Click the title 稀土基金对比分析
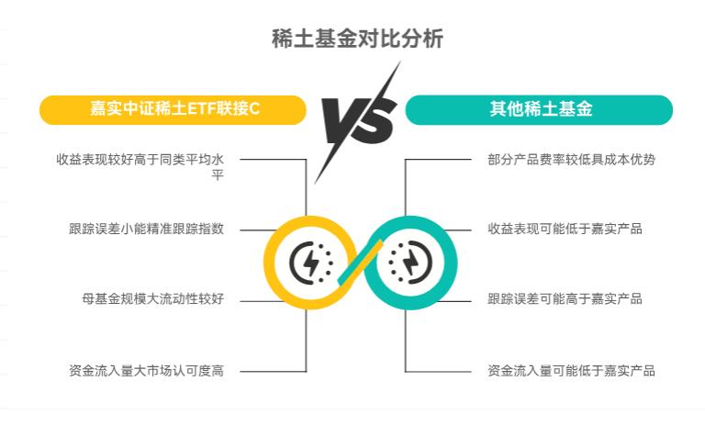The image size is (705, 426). tap(357, 39)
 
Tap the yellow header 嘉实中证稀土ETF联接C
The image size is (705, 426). tap(173, 110)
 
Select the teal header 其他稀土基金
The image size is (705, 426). tap(539, 110)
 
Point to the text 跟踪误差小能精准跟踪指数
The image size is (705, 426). tap(147, 229)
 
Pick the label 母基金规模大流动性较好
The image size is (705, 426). tap(153, 298)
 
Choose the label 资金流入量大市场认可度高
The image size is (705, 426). tap(147, 371)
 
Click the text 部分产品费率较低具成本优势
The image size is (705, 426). tap(572, 160)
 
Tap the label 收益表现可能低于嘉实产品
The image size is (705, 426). tap(565, 229)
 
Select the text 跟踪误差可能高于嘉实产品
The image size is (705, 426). tap(565, 298)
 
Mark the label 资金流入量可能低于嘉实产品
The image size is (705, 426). tap(572, 371)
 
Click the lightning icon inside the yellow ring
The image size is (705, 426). tap(310, 263)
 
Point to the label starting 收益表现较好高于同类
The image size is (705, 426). tap(140, 166)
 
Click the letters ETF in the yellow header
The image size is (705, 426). tap(201, 109)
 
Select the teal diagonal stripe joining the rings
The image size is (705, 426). tap(360, 263)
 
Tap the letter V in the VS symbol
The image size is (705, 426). tap(342, 120)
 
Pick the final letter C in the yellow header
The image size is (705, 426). tap(254, 109)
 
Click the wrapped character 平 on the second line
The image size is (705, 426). tap(218, 174)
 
